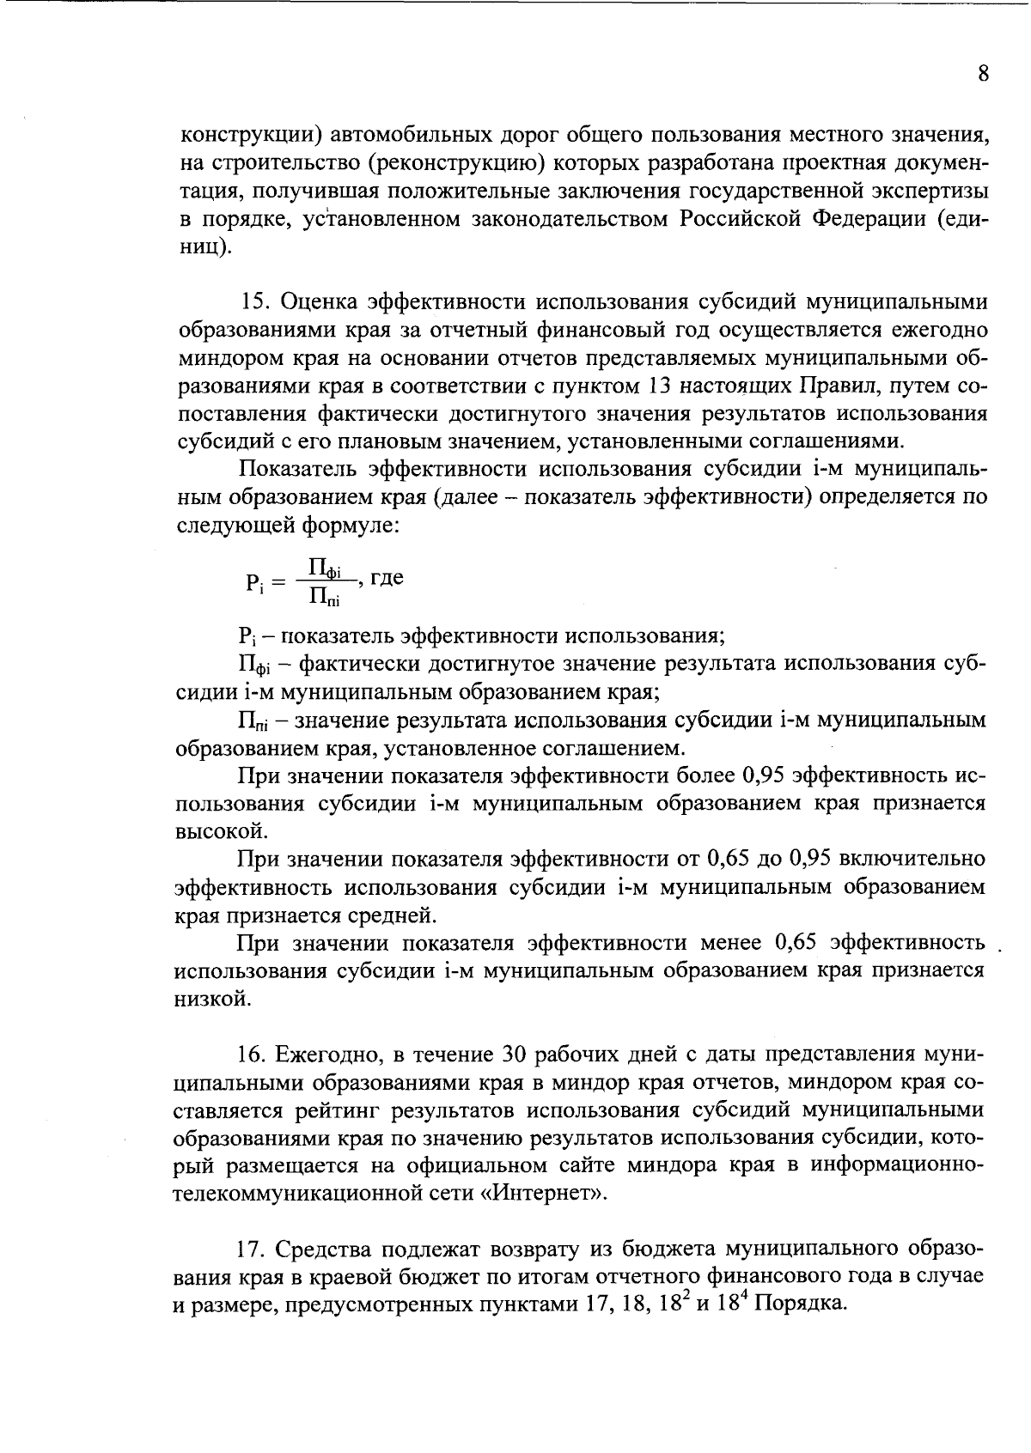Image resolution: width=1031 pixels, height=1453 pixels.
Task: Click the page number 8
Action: tap(984, 74)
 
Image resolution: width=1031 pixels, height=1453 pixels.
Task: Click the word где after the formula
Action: tap(387, 577)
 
